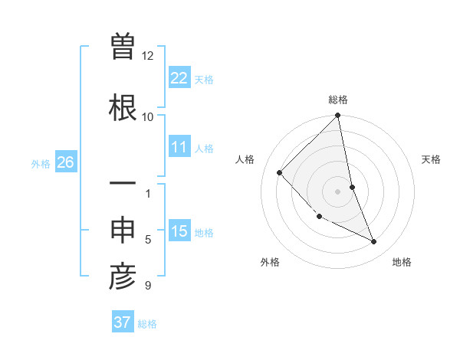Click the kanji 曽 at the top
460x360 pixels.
coord(123,47)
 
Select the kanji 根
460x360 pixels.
coord(123,107)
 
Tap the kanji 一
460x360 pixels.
coord(123,184)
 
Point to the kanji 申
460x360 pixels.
coord(123,230)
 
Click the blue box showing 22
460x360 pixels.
coord(179,77)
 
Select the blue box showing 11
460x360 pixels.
coord(179,147)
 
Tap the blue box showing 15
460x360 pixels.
coord(179,231)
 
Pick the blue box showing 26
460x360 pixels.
coord(65,162)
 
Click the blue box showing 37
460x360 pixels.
coord(122,322)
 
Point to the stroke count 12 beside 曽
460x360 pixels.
coord(147,56)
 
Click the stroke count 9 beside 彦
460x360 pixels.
coord(147,286)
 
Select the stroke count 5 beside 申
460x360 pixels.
coord(147,240)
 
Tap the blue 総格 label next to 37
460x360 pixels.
coord(147,324)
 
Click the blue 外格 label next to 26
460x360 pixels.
coord(41,163)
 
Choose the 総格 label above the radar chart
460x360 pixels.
coord(338,100)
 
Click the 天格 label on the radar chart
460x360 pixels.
coord(432,159)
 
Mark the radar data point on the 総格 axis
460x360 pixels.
coord(338,116)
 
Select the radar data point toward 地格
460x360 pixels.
coord(374,242)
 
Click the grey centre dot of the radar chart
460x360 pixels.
coord(338,191)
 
